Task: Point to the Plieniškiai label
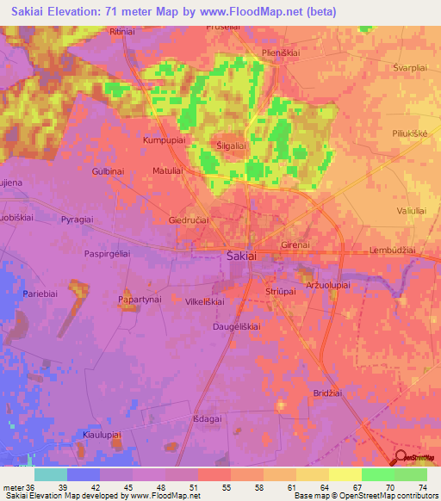point(280,53)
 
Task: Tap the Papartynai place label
point(140,300)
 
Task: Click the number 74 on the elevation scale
point(422,487)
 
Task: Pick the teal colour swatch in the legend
point(51,474)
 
